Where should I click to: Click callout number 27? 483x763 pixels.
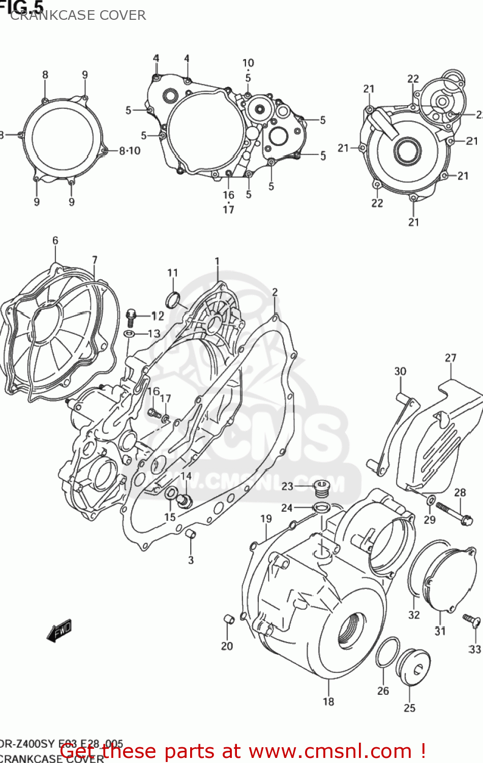click(x=450, y=358)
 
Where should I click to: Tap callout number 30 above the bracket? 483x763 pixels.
click(x=400, y=371)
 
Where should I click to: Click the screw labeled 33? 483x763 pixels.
click(x=472, y=620)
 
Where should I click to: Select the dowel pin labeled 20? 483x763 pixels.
click(x=228, y=619)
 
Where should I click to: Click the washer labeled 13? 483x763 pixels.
click(x=129, y=334)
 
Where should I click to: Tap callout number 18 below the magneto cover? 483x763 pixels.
click(x=328, y=701)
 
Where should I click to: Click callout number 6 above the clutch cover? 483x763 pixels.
click(x=55, y=241)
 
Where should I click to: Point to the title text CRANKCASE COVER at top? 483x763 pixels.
click(x=78, y=15)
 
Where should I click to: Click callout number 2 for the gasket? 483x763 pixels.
click(x=275, y=292)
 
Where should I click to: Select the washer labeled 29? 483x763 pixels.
click(x=430, y=500)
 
